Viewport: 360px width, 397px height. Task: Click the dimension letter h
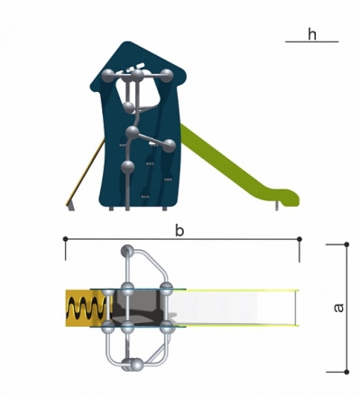pyautogui.click(x=312, y=34)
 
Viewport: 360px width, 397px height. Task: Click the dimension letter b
pyautogui.click(x=180, y=231)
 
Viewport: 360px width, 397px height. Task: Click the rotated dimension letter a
pyautogui.click(x=338, y=308)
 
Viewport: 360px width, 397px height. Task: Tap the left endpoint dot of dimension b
pyautogui.click(x=66, y=239)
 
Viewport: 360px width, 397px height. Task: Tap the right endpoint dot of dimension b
pyautogui.click(x=300, y=239)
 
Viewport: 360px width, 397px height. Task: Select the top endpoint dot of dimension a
pyautogui.click(x=346, y=245)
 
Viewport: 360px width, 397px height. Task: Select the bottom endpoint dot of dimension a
pyautogui.click(x=346, y=372)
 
